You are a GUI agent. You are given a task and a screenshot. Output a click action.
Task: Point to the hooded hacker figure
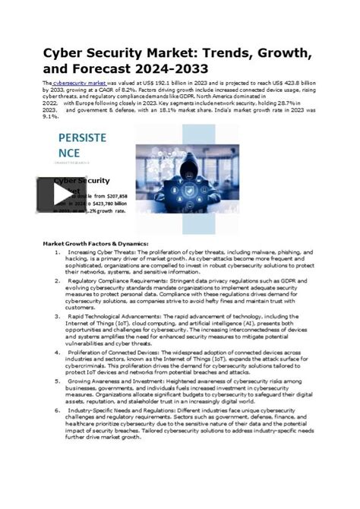pyautogui.click(x=181, y=160)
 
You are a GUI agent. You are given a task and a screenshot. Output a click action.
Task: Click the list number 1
pyautogui.click(x=58, y=251)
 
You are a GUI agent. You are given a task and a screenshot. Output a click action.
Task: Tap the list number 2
pyautogui.click(x=58, y=280)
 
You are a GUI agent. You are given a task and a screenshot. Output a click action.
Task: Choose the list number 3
pyautogui.click(x=58, y=315)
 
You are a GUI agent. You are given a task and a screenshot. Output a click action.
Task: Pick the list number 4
pyautogui.click(x=58, y=352)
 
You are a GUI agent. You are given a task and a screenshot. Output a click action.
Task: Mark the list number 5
pyautogui.click(x=58, y=381)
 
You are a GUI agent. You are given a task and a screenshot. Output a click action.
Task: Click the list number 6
pyautogui.click(x=58, y=409)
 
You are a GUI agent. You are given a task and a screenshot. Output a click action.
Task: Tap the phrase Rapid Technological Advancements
pyautogui.click(x=113, y=315)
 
